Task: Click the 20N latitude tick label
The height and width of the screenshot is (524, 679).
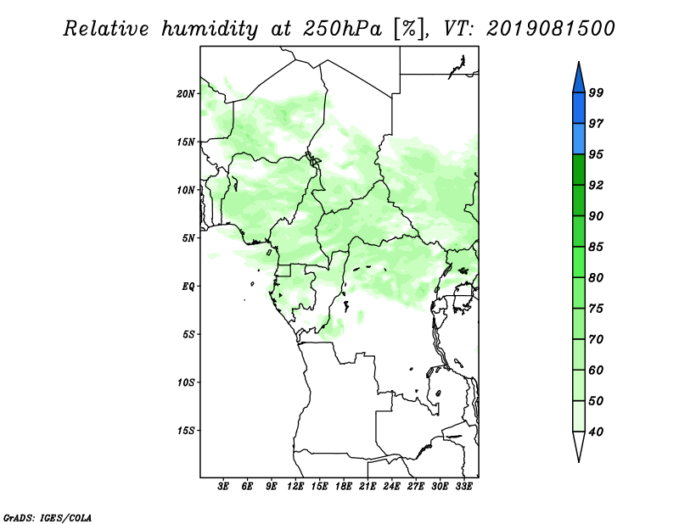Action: (x=186, y=94)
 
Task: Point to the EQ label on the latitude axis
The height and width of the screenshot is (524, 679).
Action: (x=188, y=287)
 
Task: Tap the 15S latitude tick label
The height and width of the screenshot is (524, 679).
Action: (x=186, y=431)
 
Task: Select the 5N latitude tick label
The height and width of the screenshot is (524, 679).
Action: (x=188, y=238)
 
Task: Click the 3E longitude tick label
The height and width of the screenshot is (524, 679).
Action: (x=222, y=487)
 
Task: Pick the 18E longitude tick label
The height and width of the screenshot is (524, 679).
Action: (x=343, y=487)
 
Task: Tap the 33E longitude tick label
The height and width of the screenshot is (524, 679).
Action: (x=463, y=487)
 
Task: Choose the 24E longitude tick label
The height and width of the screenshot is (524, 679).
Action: (x=391, y=487)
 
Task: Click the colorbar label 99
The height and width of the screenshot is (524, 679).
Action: (x=596, y=92)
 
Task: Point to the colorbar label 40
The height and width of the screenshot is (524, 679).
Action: (x=596, y=432)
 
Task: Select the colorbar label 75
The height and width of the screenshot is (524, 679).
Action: (x=596, y=309)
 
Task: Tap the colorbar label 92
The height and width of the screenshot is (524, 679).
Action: (x=596, y=185)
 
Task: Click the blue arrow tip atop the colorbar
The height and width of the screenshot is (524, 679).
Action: (x=579, y=62)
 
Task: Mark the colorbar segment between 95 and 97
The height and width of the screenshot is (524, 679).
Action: (x=579, y=139)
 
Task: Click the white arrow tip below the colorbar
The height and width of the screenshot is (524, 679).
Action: (x=579, y=462)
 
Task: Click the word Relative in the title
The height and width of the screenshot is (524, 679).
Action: (x=106, y=29)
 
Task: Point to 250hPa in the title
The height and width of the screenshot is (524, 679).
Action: (x=342, y=29)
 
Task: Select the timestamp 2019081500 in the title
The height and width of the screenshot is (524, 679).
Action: (x=550, y=29)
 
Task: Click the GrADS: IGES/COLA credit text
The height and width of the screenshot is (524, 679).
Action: (x=48, y=518)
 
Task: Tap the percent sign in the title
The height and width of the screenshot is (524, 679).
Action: (x=409, y=29)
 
